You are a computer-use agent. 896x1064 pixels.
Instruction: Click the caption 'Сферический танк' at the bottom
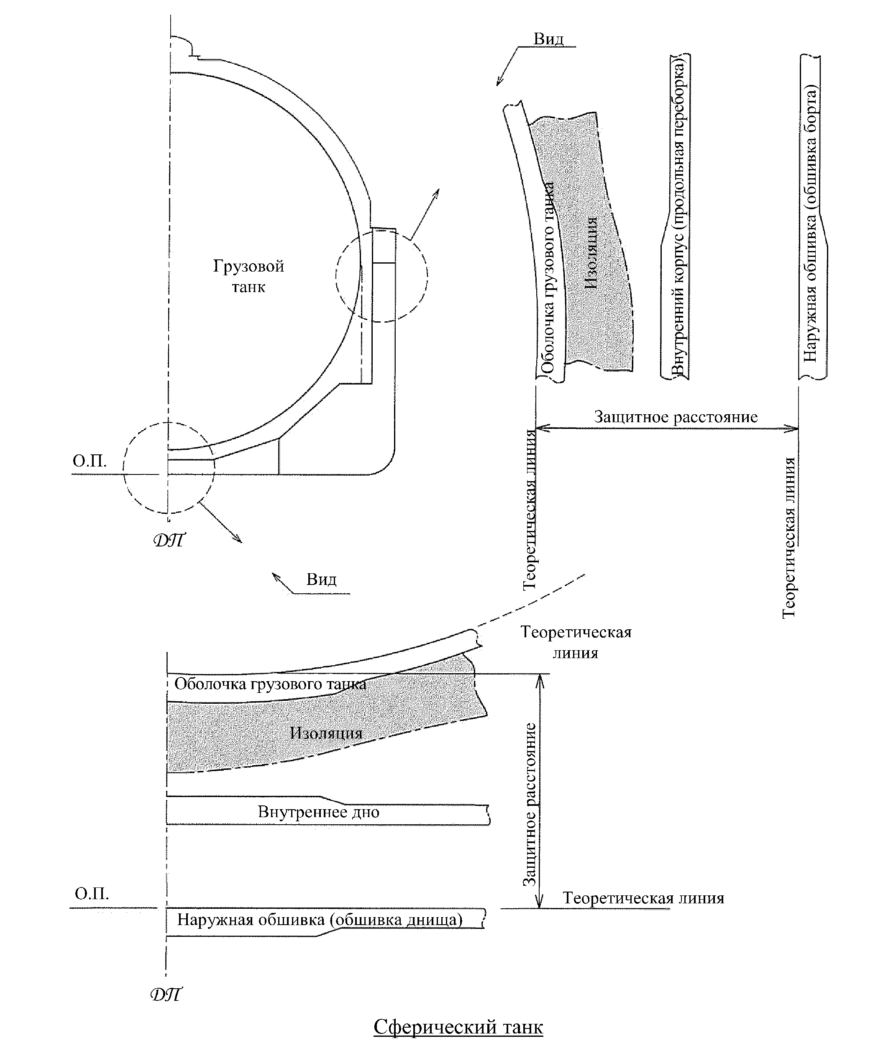[458, 1026]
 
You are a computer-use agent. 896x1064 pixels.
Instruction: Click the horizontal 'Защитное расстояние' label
[676, 417]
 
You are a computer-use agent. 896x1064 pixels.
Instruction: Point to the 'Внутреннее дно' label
[318, 812]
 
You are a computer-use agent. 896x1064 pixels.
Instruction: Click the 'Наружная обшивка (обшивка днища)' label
[320, 920]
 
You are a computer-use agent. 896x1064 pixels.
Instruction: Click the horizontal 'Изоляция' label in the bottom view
[326, 733]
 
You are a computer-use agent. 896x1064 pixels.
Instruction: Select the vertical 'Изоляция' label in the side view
[591, 253]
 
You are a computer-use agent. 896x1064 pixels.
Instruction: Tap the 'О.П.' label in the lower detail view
[92, 894]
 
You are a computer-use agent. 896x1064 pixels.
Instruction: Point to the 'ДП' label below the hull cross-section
[169, 540]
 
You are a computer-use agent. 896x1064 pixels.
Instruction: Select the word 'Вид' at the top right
[548, 39]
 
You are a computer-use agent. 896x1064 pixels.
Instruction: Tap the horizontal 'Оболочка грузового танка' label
[270, 684]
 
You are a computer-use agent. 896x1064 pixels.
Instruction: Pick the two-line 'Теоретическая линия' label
[576, 642]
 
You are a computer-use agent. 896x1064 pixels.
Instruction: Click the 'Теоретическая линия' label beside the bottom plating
[643, 898]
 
